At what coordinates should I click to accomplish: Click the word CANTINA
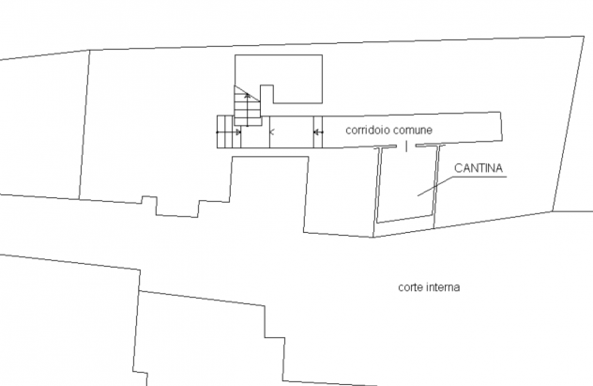pos(479,168)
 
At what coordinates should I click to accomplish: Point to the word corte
pos(410,287)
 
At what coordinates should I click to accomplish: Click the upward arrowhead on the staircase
pos(248,96)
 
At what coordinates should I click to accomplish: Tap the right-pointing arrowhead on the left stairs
pos(238,132)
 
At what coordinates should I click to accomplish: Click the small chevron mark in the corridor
pos(271,132)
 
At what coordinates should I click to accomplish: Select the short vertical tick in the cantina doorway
pos(406,147)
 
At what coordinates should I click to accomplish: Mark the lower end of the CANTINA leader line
pos(418,195)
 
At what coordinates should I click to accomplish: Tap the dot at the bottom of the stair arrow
pos(248,125)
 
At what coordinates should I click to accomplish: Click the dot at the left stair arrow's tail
pos(217,132)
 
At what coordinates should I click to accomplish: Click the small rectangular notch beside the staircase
pos(266,94)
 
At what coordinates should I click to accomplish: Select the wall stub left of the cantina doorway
pos(386,147)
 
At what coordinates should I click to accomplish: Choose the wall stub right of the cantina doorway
pos(431,146)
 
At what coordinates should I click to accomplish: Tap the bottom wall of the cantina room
pos(404,219)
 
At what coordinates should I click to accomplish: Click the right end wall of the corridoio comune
pos(502,127)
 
